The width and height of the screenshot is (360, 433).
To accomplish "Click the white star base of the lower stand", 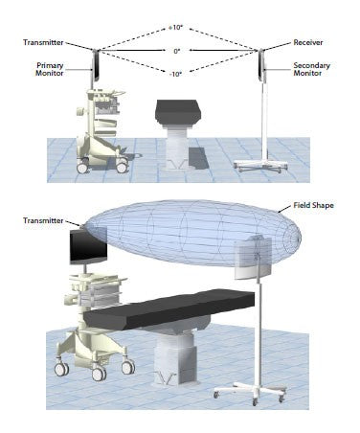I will pyautogui.click(x=251, y=391).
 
